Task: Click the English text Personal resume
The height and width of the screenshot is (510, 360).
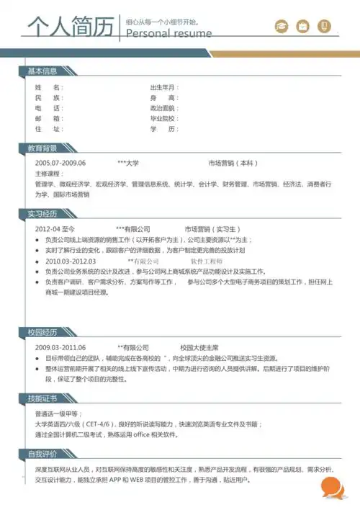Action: pyautogui.click(x=169, y=34)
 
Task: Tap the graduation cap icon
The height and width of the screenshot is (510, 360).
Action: pyautogui.click(x=282, y=27)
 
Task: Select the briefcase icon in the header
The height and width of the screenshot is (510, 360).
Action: pyautogui.click(x=303, y=27)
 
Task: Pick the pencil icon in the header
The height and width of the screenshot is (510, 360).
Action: pyautogui.click(x=325, y=27)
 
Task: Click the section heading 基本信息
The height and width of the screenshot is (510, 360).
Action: pyautogui.click(x=42, y=71)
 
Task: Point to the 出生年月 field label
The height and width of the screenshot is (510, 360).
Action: pyautogui.click(x=164, y=87)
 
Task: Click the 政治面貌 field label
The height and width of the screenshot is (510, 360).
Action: pyautogui.click(x=163, y=108)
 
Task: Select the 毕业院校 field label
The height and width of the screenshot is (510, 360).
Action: pyautogui.click(x=163, y=118)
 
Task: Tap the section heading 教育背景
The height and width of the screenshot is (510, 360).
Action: pyautogui.click(x=42, y=148)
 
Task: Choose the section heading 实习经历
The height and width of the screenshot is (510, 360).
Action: pyautogui.click(x=42, y=213)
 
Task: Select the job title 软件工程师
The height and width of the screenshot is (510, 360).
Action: pyautogui.click(x=207, y=261)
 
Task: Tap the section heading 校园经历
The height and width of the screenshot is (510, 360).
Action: pyautogui.click(x=42, y=331)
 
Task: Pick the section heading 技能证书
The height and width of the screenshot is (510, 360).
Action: pyautogui.click(x=42, y=398)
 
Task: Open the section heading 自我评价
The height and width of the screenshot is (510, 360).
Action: pyautogui.click(x=42, y=454)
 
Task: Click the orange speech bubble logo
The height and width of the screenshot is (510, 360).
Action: pyautogui.click(x=332, y=488)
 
